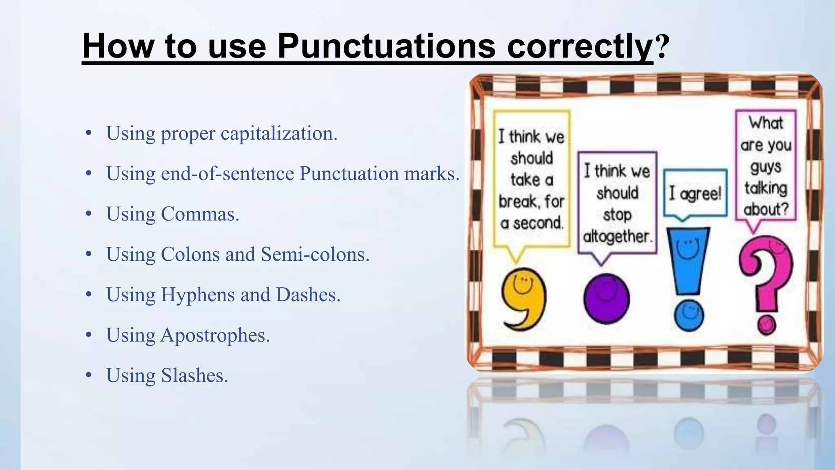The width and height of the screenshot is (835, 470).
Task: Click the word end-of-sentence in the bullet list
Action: pyautogui.click(x=228, y=173)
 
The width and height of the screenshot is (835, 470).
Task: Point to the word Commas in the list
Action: pyautogui.click(x=200, y=214)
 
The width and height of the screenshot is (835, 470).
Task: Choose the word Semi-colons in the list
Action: pyautogui.click(x=315, y=254)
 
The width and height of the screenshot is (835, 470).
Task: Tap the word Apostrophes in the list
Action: pyautogui.click(x=215, y=335)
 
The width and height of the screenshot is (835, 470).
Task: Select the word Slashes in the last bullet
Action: pyautogui.click(x=194, y=375)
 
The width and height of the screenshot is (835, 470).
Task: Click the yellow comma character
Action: pyautogui.click(x=524, y=298)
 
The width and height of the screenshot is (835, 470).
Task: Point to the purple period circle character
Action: pyautogui.click(x=606, y=299)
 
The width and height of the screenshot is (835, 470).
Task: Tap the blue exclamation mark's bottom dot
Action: pyautogui.click(x=689, y=315)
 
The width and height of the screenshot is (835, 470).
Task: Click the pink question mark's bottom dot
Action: pyautogui.click(x=767, y=325)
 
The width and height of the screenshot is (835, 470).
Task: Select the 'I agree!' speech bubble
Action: pyautogui.click(x=695, y=193)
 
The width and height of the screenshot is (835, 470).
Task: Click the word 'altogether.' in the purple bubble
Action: pyautogui.click(x=617, y=236)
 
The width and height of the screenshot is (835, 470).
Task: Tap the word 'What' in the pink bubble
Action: pyautogui.click(x=766, y=123)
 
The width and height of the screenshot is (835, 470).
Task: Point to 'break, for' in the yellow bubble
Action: pyautogui.click(x=531, y=201)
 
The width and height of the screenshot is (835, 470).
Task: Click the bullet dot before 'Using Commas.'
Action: pyautogui.click(x=89, y=214)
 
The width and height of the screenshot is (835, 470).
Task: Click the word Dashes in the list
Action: pyautogui.click(x=308, y=295)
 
